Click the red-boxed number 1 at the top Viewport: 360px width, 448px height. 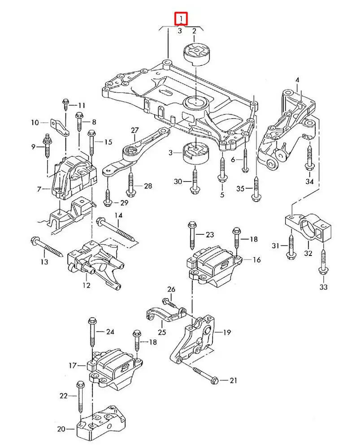[181, 19]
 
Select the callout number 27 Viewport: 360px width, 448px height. [135, 130]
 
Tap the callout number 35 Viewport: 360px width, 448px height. [241, 189]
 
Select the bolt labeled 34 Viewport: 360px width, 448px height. [309, 157]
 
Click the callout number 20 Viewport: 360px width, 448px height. [61, 429]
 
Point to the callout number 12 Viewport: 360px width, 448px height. [86, 285]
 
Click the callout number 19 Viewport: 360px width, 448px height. [227, 332]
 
